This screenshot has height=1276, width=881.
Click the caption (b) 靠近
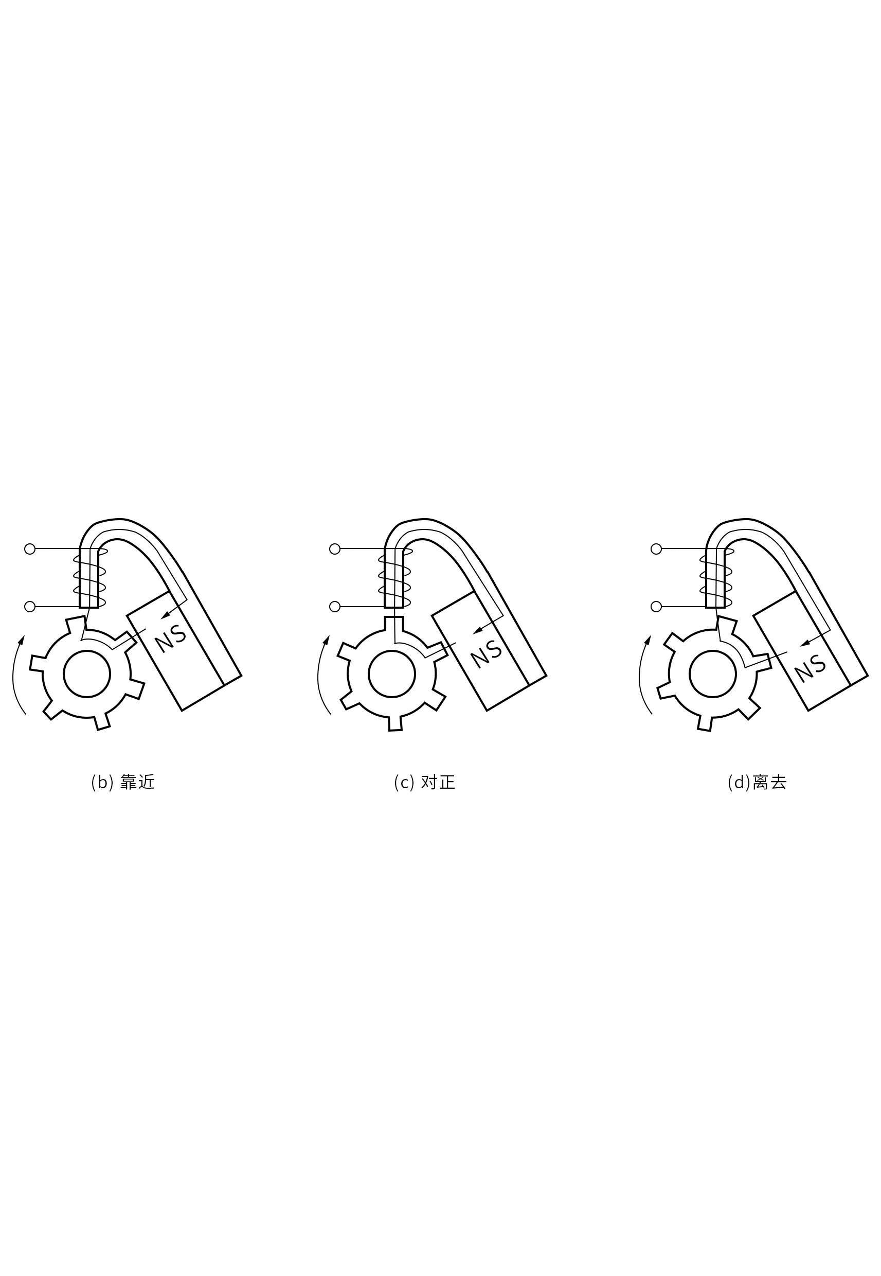tap(122, 783)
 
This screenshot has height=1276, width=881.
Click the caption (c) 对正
tap(424, 783)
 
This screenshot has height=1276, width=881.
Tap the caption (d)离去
tap(757, 783)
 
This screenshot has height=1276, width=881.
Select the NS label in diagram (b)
tap(170, 639)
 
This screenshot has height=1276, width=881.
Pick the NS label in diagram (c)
tap(487, 654)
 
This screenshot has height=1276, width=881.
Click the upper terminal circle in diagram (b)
tap(30, 549)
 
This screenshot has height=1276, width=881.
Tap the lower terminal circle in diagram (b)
tap(30, 607)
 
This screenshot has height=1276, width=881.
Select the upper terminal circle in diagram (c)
tap(334, 549)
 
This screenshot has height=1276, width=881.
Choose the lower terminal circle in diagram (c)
tap(334, 607)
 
